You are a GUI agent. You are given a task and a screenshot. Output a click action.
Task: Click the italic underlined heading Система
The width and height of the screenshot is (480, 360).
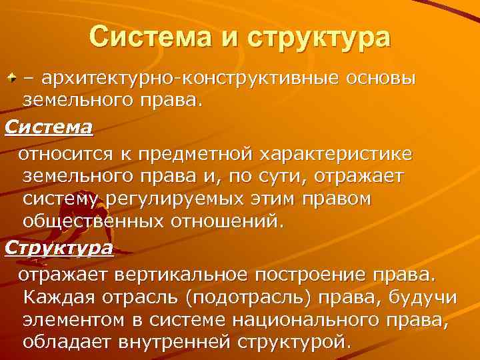click(x=49, y=126)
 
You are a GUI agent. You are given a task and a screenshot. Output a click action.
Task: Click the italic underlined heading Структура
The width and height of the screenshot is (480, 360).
click(x=59, y=248)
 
